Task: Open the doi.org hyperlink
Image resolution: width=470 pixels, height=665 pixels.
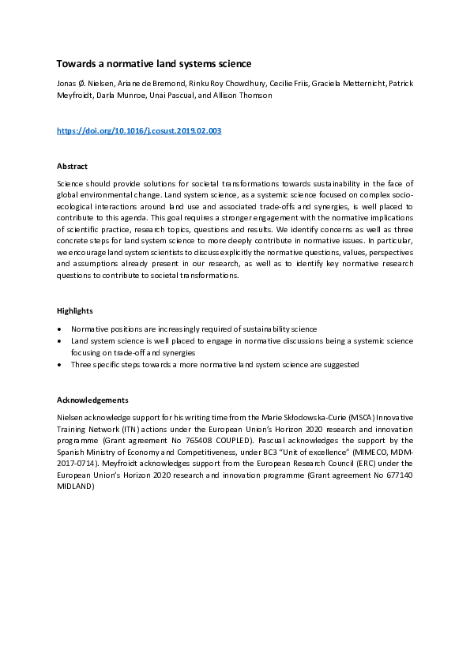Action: [x=139, y=130]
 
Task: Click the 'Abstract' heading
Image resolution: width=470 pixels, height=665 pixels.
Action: [x=73, y=167]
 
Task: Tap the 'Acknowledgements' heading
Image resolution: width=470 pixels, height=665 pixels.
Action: [x=92, y=399]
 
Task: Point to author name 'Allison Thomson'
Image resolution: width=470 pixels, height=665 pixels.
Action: [x=246, y=95]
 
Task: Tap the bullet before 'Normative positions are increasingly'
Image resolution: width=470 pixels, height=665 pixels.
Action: [x=61, y=328]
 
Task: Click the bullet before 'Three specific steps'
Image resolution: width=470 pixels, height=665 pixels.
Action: [x=61, y=365]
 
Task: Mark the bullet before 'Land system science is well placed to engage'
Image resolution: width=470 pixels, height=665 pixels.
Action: [x=61, y=340]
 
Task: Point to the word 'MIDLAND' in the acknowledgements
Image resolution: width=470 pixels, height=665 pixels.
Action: [x=76, y=487]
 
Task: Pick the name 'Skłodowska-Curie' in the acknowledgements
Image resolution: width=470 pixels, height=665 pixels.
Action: [x=241, y=415]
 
